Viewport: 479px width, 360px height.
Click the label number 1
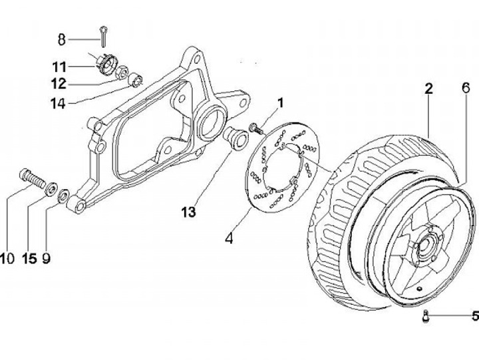(x=280, y=102)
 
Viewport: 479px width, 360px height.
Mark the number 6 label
(x=465, y=89)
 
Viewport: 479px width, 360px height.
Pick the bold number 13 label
(x=188, y=212)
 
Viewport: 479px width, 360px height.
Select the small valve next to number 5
(x=424, y=317)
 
